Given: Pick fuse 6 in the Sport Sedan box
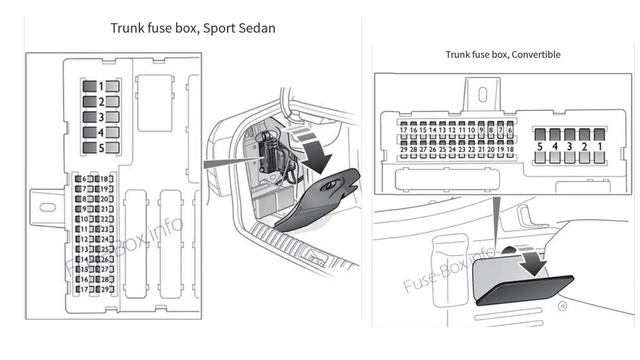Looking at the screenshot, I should (79, 178).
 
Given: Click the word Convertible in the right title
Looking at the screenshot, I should (532, 54).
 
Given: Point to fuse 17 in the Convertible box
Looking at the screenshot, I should (404, 130).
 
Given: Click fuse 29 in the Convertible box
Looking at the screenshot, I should (404, 149).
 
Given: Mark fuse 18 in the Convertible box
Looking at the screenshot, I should (510, 149).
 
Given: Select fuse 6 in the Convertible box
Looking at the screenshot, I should (510, 130).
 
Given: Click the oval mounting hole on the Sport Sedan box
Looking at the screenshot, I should (47, 207).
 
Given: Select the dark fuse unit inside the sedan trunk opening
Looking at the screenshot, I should (269, 153).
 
